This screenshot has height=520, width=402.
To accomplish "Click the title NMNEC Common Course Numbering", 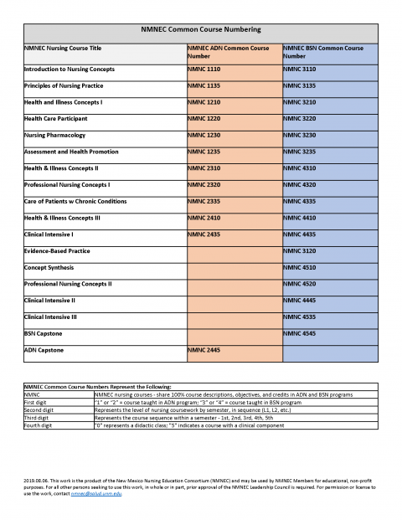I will [x=200, y=30].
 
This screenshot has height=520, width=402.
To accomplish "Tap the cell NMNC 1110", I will [x=204, y=69].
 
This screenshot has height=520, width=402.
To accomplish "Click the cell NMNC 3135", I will [x=300, y=85].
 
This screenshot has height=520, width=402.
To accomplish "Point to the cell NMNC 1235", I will [x=204, y=152].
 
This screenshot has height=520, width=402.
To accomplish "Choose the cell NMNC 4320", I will [x=300, y=184].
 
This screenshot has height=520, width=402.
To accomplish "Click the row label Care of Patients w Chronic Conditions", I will [x=75, y=201].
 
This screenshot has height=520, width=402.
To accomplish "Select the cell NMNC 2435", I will [x=204, y=234].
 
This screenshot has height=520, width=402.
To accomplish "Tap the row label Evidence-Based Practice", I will [x=58, y=251].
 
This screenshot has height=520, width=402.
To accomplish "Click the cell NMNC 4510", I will [x=300, y=268].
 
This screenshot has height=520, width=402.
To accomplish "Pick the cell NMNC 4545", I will [x=300, y=334].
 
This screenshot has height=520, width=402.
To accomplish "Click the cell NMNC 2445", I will [x=204, y=351].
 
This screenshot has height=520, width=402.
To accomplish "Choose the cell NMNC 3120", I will [x=300, y=251].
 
